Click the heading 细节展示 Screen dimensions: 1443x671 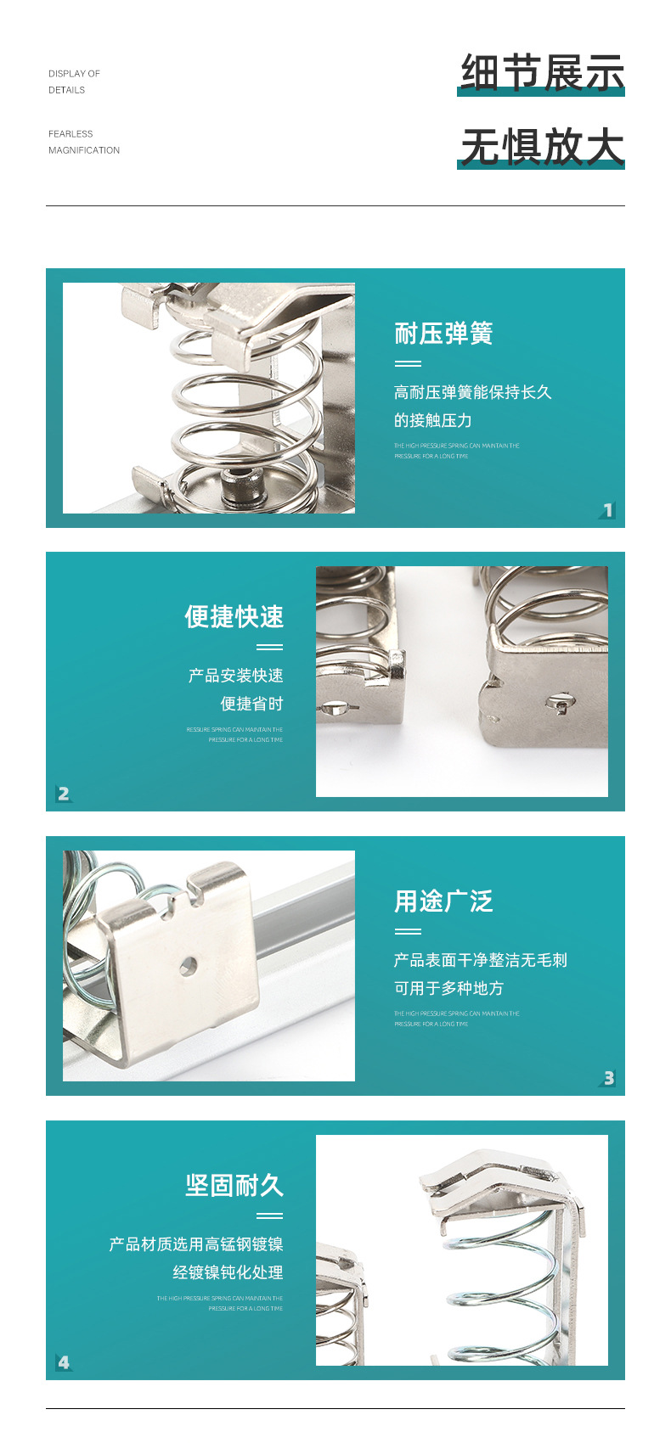542,72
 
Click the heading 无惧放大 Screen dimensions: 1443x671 542,146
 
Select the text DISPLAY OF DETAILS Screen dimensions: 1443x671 74,81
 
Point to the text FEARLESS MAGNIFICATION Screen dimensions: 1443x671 83,142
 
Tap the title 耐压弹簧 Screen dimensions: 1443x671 443,334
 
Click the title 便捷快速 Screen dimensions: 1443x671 234,617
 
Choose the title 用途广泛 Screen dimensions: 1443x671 443,901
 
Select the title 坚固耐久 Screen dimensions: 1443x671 234,1186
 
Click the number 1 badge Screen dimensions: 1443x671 607,510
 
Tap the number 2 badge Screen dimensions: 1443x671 64,794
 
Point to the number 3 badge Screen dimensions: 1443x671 608,1078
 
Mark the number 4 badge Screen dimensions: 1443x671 64,1362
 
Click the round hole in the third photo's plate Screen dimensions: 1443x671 189,965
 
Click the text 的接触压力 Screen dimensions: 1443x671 432,420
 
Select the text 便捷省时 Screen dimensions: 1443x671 251,704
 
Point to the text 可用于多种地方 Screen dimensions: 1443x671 448,988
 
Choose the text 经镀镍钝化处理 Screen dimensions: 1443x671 228,1272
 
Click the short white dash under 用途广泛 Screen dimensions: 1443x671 408,931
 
